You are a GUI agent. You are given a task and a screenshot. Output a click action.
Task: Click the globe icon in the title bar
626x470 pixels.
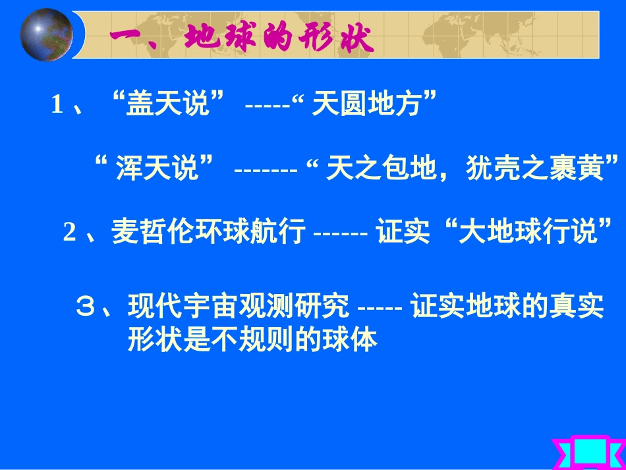pos(47,34)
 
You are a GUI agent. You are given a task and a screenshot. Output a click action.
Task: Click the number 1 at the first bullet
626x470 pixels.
pos(57,105)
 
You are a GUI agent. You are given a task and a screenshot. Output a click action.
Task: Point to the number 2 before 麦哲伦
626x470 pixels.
pos(69,233)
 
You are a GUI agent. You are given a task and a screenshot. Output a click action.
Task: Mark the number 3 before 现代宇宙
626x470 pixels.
pos(86,307)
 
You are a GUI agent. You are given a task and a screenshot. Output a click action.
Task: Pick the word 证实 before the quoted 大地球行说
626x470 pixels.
pos(403,233)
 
